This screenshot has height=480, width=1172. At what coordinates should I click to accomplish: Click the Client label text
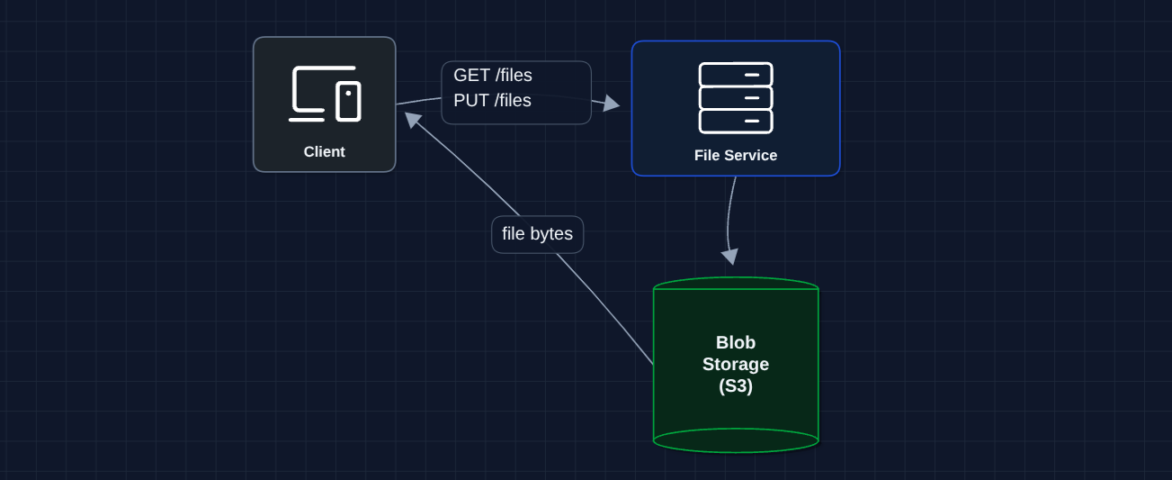(x=324, y=151)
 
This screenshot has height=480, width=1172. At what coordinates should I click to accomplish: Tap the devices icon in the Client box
(x=324, y=94)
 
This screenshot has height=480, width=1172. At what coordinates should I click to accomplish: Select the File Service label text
(x=735, y=155)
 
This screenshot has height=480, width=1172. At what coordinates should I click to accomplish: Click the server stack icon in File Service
(x=735, y=97)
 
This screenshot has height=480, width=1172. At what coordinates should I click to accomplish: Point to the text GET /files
(x=492, y=76)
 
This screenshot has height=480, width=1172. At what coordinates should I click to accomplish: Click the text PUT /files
(x=492, y=101)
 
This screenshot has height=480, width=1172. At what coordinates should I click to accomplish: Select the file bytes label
(x=537, y=234)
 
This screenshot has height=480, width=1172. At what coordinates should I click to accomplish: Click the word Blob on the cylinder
(x=735, y=342)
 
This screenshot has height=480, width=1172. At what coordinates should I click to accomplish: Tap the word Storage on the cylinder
(x=735, y=364)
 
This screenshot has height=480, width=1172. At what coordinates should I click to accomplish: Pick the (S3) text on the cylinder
(x=735, y=385)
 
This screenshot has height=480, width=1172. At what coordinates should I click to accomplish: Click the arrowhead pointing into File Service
(x=613, y=104)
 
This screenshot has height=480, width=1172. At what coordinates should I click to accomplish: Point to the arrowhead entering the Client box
(x=412, y=119)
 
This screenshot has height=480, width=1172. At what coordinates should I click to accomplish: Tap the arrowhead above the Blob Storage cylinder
(x=729, y=257)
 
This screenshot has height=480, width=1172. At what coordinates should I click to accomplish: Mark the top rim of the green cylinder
(x=735, y=282)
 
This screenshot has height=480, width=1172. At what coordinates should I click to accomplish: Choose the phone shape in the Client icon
(x=348, y=101)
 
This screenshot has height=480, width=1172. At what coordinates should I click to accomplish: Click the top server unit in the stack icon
(x=735, y=75)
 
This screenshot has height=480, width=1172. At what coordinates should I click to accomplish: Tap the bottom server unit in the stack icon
(x=735, y=121)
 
